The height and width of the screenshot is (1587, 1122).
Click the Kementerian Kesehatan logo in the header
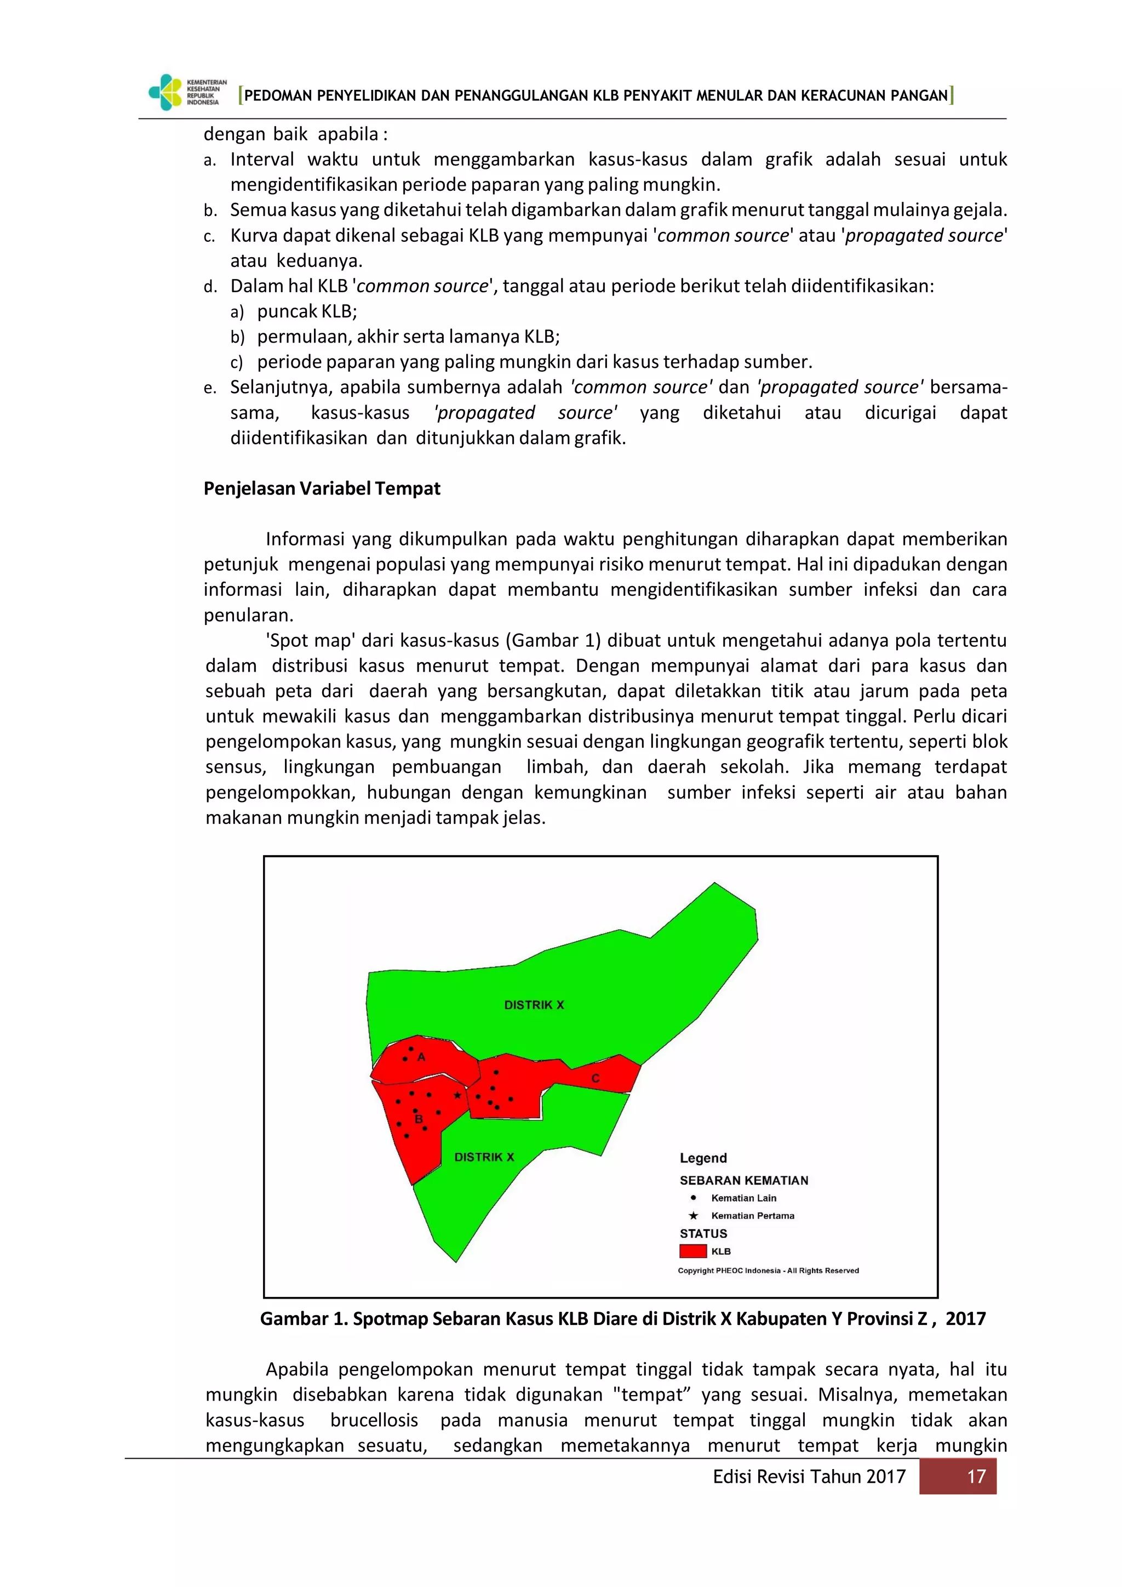click(x=186, y=92)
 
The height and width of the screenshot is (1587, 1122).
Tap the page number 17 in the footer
click(x=976, y=1476)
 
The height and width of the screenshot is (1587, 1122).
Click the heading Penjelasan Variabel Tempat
click(x=322, y=488)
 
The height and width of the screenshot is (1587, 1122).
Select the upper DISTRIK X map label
click(x=534, y=1005)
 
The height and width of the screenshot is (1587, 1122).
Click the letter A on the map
click(x=421, y=1057)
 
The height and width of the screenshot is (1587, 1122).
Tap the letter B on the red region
click(x=418, y=1119)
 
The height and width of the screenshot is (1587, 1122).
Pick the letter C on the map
click(x=595, y=1078)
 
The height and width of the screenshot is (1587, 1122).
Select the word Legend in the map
click(x=703, y=1158)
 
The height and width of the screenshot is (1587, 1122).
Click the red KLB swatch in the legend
click(x=693, y=1251)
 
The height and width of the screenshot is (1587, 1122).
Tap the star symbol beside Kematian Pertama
click(x=694, y=1216)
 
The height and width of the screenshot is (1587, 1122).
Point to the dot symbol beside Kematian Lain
click(x=694, y=1198)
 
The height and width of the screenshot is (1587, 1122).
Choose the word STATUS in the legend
click(x=703, y=1233)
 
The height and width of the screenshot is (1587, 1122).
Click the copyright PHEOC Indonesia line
click(x=768, y=1271)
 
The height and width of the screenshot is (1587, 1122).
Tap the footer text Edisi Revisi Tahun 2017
click(x=808, y=1476)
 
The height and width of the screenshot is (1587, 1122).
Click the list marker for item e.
click(x=210, y=389)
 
